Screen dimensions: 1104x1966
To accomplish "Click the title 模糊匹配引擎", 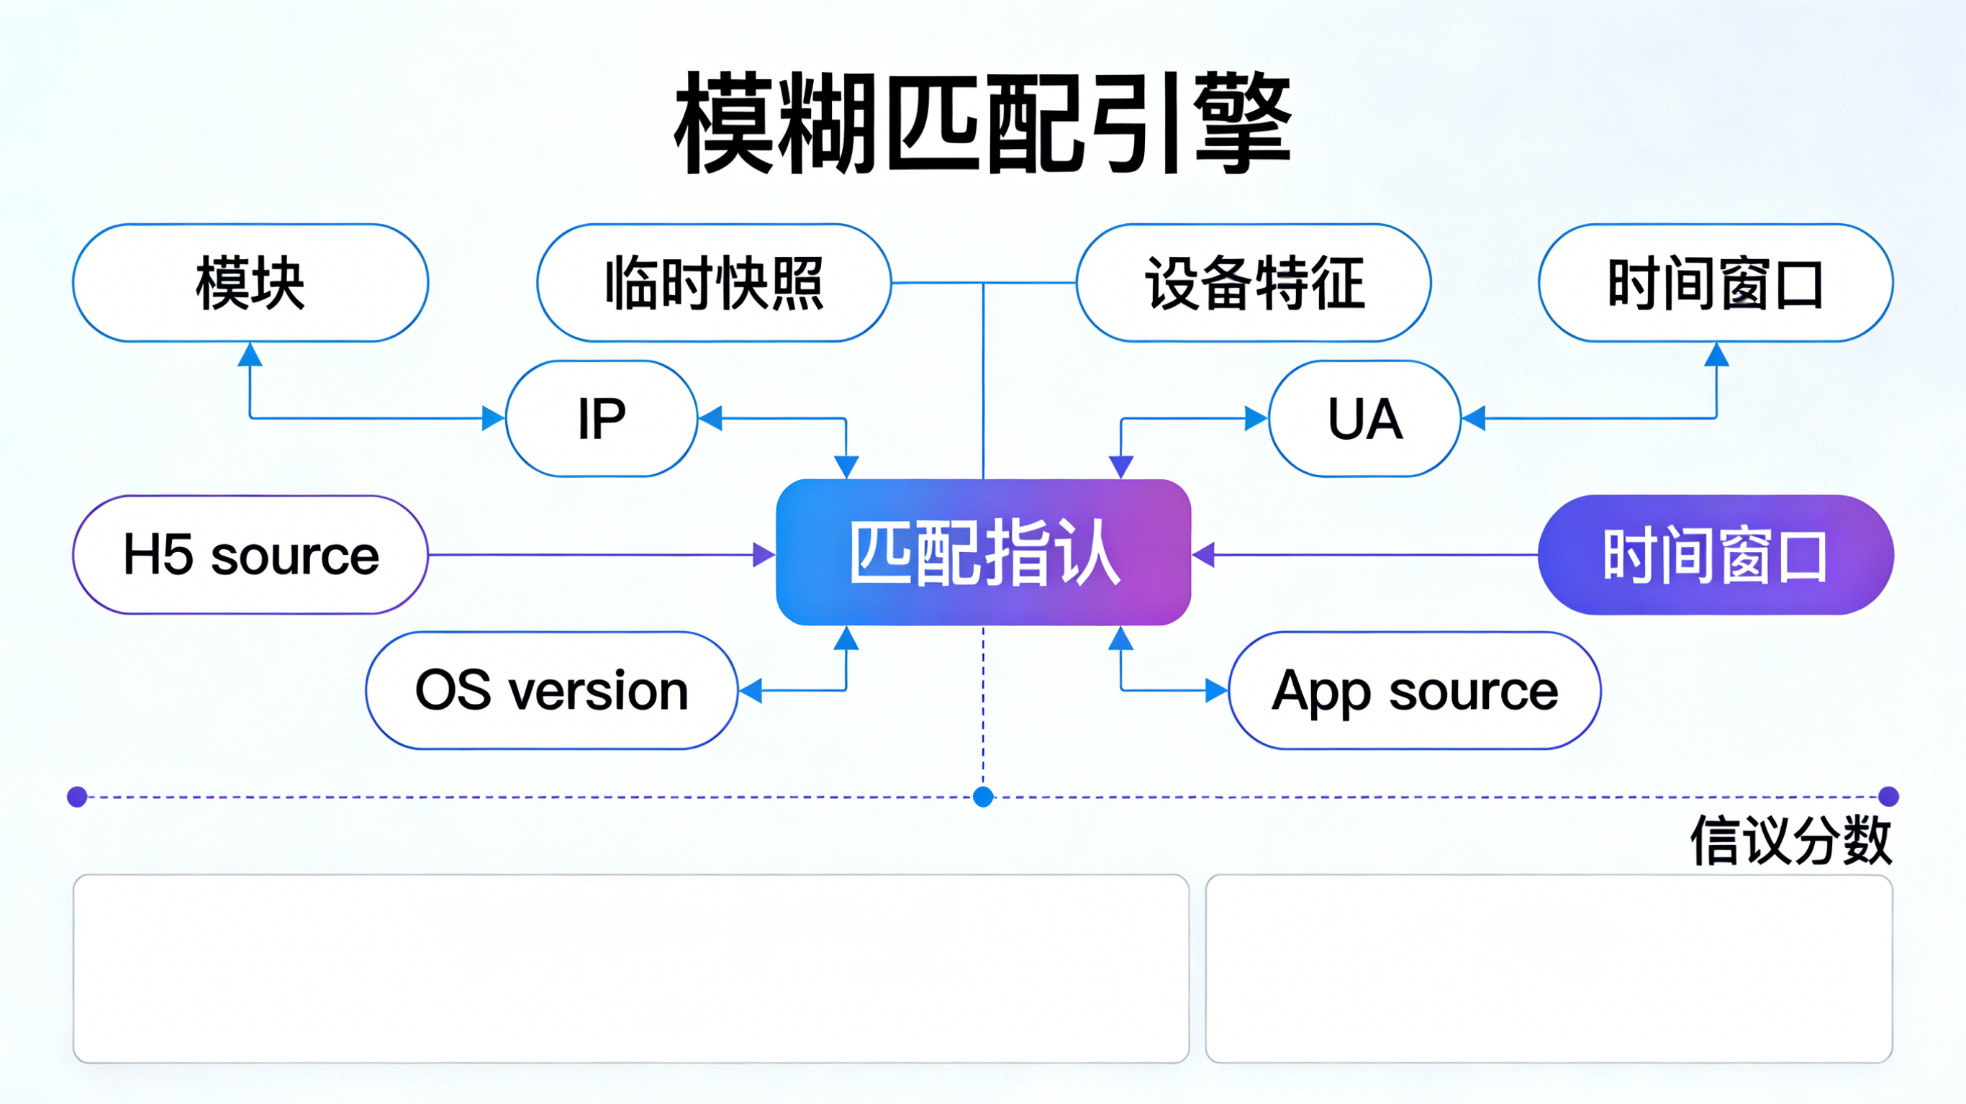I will click(x=983, y=122).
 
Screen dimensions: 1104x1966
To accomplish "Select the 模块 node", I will click(x=250, y=284).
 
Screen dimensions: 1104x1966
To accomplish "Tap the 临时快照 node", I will click(x=715, y=284).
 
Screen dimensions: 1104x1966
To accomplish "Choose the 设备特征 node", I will click(x=1254, y=284).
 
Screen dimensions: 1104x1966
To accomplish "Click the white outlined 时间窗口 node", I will click(x=1716, y=284).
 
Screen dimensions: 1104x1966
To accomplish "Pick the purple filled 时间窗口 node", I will click(x=1716, y=555).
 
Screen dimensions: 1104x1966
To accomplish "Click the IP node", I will click(x=602, y=418).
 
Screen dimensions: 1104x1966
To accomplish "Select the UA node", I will click(x=1364, y=418).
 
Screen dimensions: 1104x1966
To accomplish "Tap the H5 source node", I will click(x=250, y=555).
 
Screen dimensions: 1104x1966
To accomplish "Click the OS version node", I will click(x=552, y=690).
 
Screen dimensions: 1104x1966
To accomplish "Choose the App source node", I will click(x=1414, y=690).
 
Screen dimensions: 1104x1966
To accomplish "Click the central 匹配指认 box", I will click(x=983, y=553).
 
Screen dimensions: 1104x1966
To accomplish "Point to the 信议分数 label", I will click(x=1790, y=840).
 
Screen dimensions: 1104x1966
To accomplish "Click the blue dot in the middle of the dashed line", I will click(x=983, y=797).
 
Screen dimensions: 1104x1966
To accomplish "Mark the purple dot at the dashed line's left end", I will click(x=77, y=797).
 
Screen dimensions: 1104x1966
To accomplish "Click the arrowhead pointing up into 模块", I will click(x=250, y=355).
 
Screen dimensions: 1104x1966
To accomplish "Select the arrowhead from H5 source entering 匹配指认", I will click(x=764, y=555).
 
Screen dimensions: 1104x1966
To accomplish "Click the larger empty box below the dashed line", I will click(x=631, y=968).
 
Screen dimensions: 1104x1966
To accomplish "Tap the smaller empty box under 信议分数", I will click(x=1549, y=968).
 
